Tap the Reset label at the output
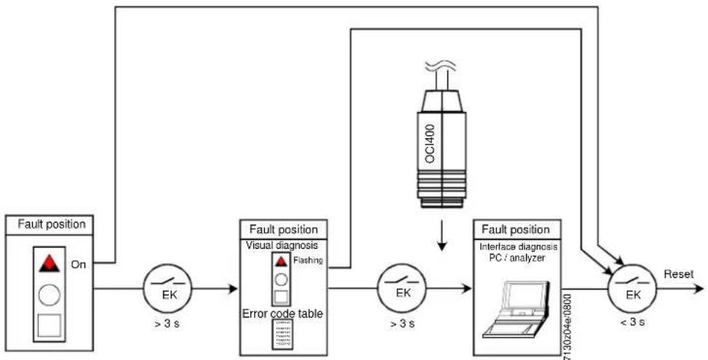click(679, 274)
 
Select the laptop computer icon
click(516, 310)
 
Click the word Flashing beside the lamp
click(308, 260)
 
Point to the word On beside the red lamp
click(78, 265)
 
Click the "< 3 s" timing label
click(632, 322)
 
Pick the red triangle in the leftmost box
click(49, 263)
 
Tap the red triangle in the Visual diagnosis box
click(282, 261)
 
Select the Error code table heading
click(282, 313)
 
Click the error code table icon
click(282, 334)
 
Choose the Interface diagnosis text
click(518, 248)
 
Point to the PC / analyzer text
click(518, 258)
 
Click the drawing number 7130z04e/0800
click(568, 326)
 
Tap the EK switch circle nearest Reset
click(632, 288)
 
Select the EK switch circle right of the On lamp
click(167, 288)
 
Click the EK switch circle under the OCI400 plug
click(402, 288)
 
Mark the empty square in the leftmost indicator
click(49, 325)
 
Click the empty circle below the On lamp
click(49, 295)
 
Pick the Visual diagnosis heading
click(282, 245)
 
